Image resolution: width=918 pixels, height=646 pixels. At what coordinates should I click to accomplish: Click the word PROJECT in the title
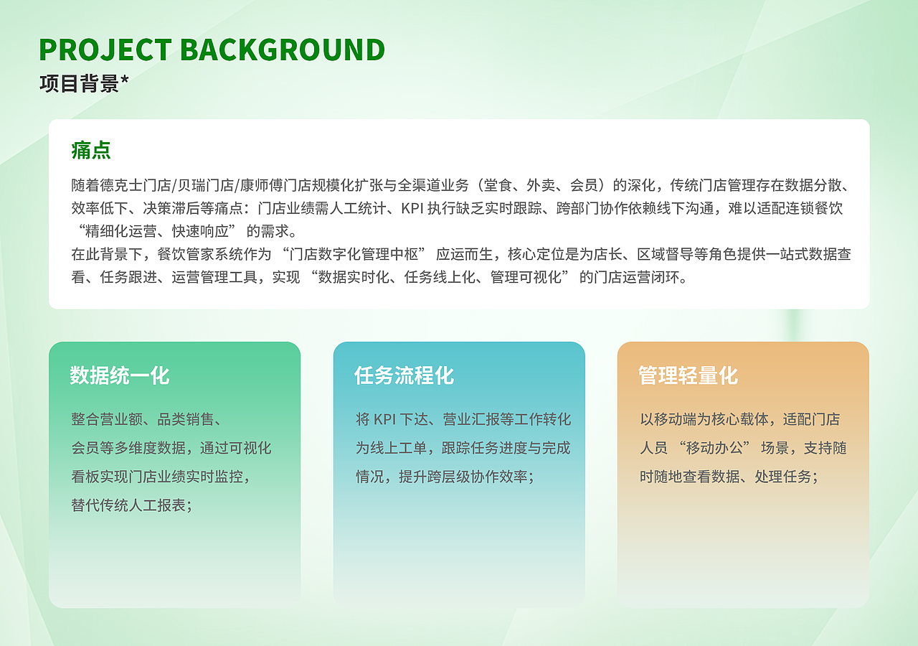pyautogui.click(x=105, y=50)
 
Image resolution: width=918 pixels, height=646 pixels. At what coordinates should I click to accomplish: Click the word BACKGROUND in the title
pyautogui.click(x=282, y=50)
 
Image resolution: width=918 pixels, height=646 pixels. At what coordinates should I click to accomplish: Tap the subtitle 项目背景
pyautogui.click(x=79, y=84)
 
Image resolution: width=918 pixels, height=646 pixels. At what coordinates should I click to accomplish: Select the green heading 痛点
pyautogui.click(x=91, y=151)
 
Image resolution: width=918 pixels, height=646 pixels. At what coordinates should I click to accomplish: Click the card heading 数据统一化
pyautogui.click(x=120, y=375)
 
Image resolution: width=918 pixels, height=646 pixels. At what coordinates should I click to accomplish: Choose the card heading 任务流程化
pyautogui.click(x=404, y=375)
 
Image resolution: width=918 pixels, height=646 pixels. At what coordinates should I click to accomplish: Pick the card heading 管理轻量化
pyautogui.click(x=688, y=375)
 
